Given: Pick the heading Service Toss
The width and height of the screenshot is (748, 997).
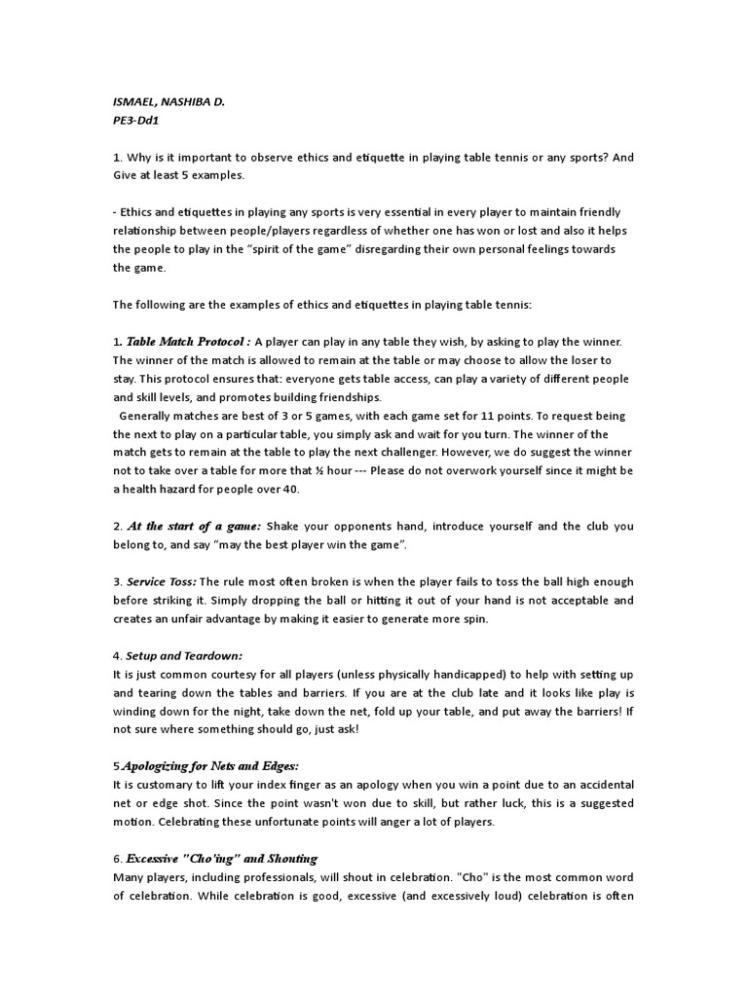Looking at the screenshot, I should (160, 581).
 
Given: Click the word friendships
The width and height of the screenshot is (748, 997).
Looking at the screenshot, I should (348, 397).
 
